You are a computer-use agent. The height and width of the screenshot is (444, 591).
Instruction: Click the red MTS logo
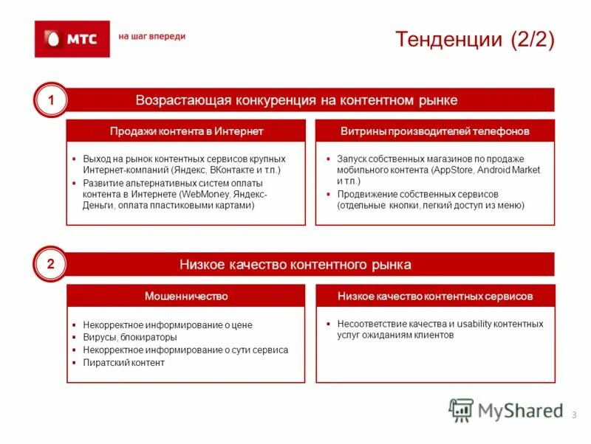point(72,38)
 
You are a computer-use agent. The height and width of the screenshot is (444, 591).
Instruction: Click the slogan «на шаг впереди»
point(152,36)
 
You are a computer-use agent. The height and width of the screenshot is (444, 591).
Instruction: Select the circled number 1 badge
point(51,100)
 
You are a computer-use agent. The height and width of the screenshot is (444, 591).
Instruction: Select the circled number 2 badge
point(51,265)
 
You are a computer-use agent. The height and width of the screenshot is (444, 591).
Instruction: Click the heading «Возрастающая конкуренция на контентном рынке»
point(296,100)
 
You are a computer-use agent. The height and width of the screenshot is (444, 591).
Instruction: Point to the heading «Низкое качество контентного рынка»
point(295,265)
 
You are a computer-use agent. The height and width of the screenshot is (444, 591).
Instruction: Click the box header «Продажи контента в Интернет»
point(186,131)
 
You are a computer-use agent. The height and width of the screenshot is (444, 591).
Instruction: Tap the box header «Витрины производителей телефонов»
point(435,131)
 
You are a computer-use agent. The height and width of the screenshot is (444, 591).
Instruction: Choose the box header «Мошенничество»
point(186,296)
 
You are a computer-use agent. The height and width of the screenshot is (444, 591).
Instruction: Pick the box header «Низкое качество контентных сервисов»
point(435,296)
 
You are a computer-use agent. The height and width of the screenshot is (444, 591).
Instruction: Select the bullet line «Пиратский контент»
point(123,363)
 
